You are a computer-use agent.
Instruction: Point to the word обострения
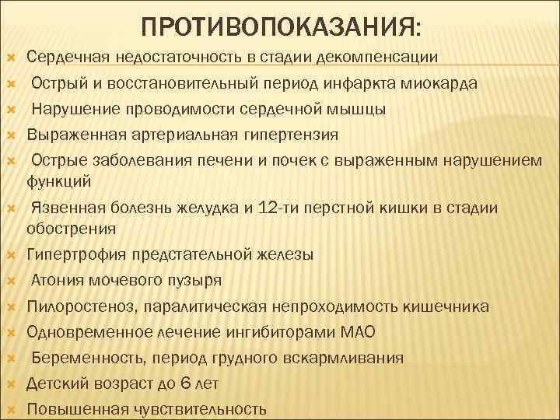(x=71, y=228)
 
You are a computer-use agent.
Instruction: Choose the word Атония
(x=58, y=280)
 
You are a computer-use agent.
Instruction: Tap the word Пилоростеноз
(x=74, y=306)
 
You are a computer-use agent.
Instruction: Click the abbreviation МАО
(x=358, y=332)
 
